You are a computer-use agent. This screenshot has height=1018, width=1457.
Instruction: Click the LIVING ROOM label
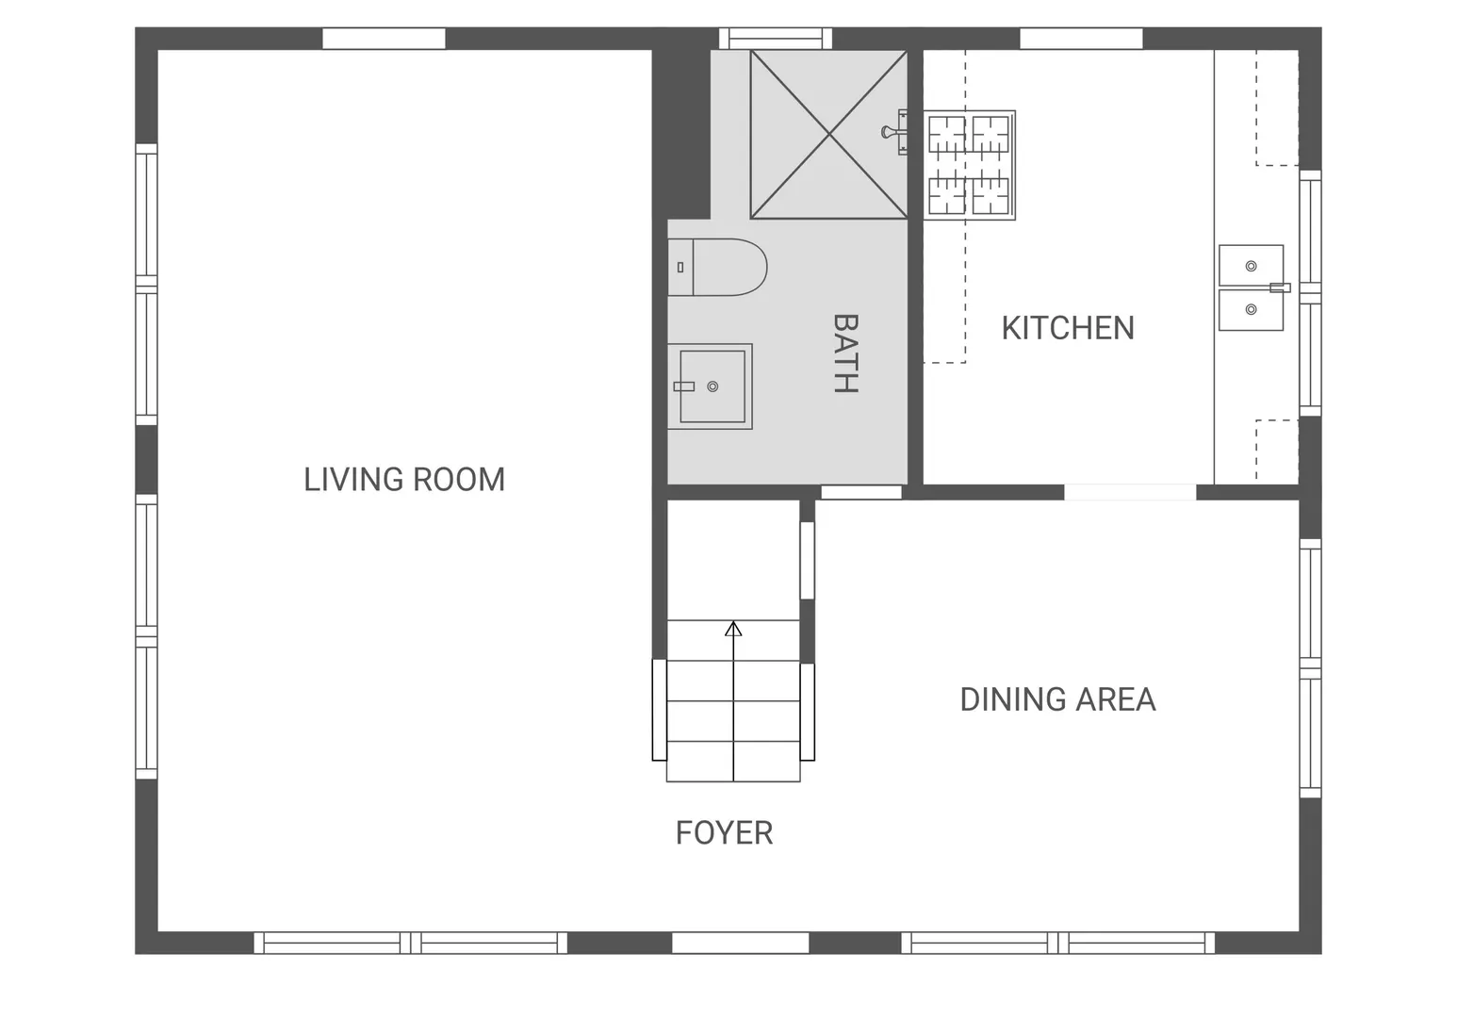pos(404,480)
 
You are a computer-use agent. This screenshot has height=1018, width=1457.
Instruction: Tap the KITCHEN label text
pos(1068,328)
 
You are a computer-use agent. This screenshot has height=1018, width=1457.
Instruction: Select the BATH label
pos(845,353)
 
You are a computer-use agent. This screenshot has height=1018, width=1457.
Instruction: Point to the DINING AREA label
pos(1057,700)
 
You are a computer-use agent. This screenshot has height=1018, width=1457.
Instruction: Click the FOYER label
pos(724,832)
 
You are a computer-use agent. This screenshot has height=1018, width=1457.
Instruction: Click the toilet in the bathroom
pos(717,268)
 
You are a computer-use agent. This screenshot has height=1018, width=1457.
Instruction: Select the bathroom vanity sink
pos(711,386)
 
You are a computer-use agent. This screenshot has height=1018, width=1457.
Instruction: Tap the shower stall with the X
pos(828,135)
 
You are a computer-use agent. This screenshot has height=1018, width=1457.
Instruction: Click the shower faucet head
pos(893,132)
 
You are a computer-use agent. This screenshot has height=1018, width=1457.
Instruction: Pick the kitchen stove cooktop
pos(969,165)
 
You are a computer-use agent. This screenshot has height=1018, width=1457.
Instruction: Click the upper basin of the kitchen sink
pos(1251,266)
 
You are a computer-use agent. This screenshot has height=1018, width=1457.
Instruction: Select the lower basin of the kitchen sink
pos(1251,309)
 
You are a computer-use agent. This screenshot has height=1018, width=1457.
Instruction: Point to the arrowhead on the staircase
pos(733,629)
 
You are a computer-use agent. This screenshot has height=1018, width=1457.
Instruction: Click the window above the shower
pos(776,39)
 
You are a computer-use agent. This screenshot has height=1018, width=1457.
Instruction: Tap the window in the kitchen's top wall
pos(1081,39)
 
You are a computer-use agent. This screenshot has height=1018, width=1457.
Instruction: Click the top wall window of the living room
pos(384,39)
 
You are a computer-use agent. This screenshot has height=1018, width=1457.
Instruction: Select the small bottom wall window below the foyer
pos(740,943)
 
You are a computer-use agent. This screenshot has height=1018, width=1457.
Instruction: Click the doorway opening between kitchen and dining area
pos(1130,492)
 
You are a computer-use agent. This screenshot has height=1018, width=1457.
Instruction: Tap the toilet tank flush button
pos(680,268)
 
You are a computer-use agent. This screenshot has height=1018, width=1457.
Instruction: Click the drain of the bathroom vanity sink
pos(712,386)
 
